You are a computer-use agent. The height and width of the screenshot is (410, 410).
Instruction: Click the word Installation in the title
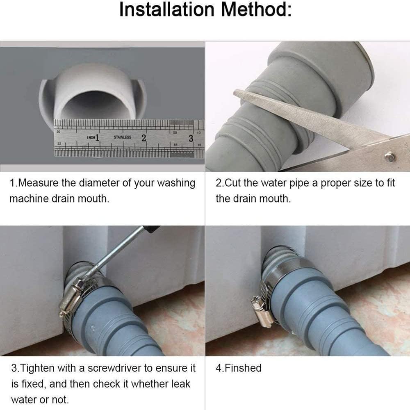pyautogui.click(x=166, y=10)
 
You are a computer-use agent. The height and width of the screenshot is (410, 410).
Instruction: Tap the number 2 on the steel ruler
pyautogui.click(x=144, y=138)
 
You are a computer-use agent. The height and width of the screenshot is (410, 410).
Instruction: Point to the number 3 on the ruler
pyautogui.click(x=191, y=138)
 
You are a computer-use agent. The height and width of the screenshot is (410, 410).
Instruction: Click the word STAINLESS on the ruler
pyautogui.click(x=122, y=137)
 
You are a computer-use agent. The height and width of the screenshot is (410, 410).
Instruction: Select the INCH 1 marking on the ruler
pyautogui.click(x=93, y=137)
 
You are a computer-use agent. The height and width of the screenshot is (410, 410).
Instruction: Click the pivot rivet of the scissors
pyautogui.click(x=389, y=156)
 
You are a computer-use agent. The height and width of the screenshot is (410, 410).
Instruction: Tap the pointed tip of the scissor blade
pyautogui.click(x=235, y=91)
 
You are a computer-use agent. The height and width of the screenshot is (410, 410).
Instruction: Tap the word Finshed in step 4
pyautogui.click(x=243, y=368)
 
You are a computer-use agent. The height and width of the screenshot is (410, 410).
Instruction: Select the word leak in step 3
pyautogui.click(x=181, y=384)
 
